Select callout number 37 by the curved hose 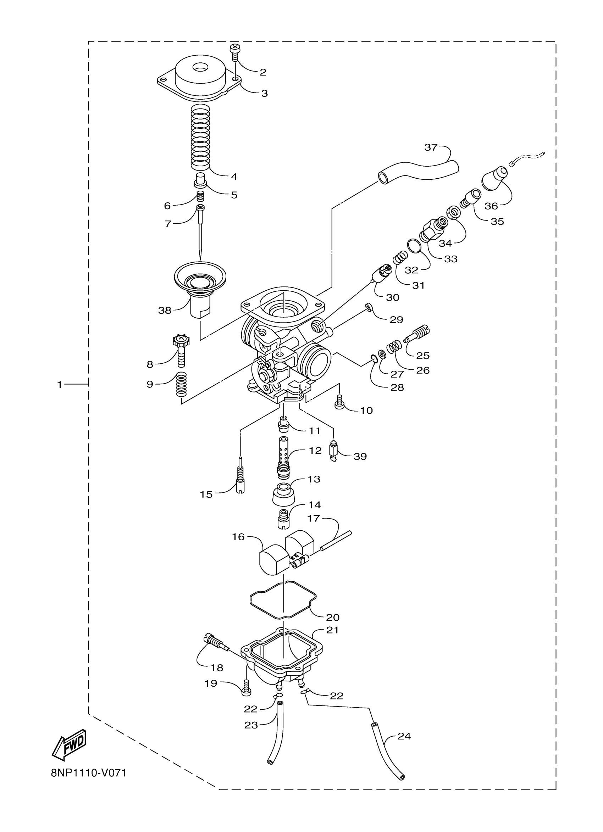pos(431,147)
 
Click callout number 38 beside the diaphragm pos(165,310)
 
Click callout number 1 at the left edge pos(60,385)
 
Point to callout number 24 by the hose pos(404,736)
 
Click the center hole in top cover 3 pos(200,67)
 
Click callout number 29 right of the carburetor pos(396,319)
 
